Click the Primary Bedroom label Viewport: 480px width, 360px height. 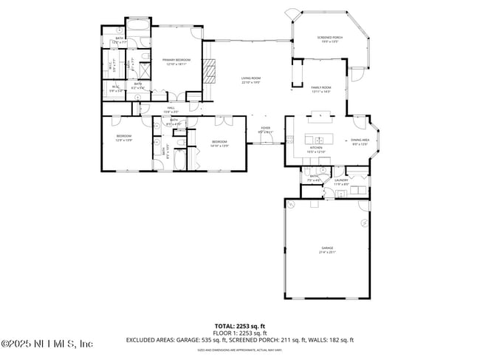click(x=176, y=61)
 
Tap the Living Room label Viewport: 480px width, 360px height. click(x=250, y=80)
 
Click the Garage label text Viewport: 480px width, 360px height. click(x=327, y=249)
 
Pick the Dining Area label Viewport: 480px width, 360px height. click(x=360, y=141)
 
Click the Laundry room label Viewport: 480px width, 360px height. click(x=341, y=181)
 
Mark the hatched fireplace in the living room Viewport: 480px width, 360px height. click(x=210, y=71)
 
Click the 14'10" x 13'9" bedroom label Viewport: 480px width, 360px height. click(x=219, y=143)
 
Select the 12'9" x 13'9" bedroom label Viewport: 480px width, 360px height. click(x=123, y=137)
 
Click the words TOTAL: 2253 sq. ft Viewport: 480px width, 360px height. click(x=239, y=325)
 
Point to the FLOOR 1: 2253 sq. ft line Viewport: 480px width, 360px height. click(x=239, y=333)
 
